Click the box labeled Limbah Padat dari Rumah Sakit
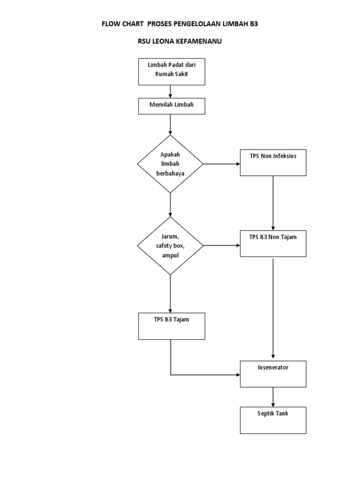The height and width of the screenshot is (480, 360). [172, 71]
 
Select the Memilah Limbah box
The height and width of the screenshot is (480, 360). [172, 105]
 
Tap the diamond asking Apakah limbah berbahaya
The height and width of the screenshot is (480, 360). [170, 164]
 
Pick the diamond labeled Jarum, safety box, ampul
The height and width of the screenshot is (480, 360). [170, 246]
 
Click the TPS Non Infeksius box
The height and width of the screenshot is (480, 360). [273, 163]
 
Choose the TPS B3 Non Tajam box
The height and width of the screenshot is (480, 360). [273, 243]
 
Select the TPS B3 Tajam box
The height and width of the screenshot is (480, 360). [172, 326]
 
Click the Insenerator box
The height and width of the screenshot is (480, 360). [273, 374]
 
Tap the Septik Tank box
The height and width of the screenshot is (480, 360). [273, 420]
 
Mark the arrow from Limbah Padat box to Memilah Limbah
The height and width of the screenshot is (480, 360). [170, 91]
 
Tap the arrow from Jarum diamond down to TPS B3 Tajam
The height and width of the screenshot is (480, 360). [170, 293]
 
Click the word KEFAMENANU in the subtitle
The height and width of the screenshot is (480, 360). [199, 41]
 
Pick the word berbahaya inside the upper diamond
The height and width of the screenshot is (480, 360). [170, 173]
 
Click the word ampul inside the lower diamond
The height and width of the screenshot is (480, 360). [170, 255]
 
